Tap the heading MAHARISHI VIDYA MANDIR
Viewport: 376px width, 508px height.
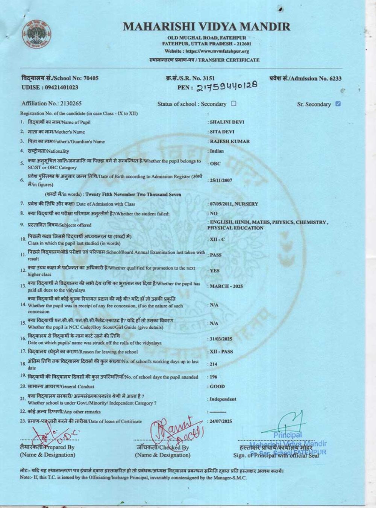pos(206,27)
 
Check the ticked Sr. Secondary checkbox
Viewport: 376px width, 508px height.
pos(338,104)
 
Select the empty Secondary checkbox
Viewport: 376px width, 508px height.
pos(233,103)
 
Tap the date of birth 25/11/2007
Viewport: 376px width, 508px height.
pos(221,180)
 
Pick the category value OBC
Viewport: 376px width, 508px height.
pos(215,164)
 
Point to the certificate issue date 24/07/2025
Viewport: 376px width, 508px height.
pos(221,421)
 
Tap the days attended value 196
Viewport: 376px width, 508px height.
pos(213,377)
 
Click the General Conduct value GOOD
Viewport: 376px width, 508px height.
pos(217,386)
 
